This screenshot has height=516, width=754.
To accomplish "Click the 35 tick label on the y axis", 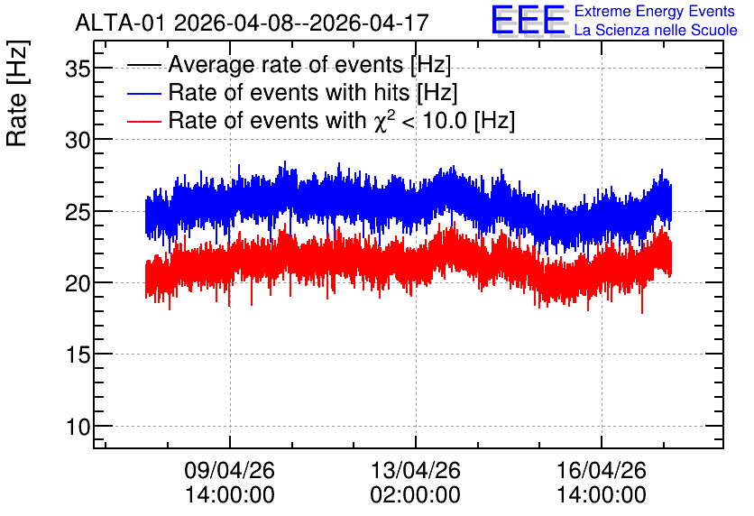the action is [x=78, y=69].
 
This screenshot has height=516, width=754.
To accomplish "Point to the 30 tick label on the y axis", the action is [x=78, y=141].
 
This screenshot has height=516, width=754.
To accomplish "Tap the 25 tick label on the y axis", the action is [x=78, y=212].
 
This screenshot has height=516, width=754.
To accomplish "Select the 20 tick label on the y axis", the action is [x=78, y=284].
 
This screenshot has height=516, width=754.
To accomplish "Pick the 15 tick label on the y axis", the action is [x=78, y=355].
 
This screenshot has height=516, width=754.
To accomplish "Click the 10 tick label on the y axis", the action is [x=78, y=427].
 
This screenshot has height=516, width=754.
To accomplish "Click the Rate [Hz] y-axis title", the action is [x=17, y=93].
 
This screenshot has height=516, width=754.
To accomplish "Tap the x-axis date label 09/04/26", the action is [x=229, y=470].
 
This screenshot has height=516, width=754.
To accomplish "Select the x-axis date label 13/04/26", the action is [x=416, y=470].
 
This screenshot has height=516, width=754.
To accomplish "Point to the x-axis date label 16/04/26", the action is [x=602, y=470].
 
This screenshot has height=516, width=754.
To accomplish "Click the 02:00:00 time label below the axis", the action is [x=416, y=495].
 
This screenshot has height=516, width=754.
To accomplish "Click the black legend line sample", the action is [x=144, y=65].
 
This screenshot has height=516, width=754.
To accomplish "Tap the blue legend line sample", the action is [x=144, y=93].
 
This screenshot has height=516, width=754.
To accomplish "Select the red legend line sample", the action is [x=144, y=121].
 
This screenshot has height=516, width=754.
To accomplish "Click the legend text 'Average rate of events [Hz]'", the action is [x=309, y=65].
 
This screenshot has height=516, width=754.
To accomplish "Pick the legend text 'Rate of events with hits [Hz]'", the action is [x=313, y=92].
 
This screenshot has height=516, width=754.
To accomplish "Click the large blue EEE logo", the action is [x=529, y=20].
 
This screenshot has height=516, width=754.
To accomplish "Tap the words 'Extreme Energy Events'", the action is [x=655, y=11].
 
